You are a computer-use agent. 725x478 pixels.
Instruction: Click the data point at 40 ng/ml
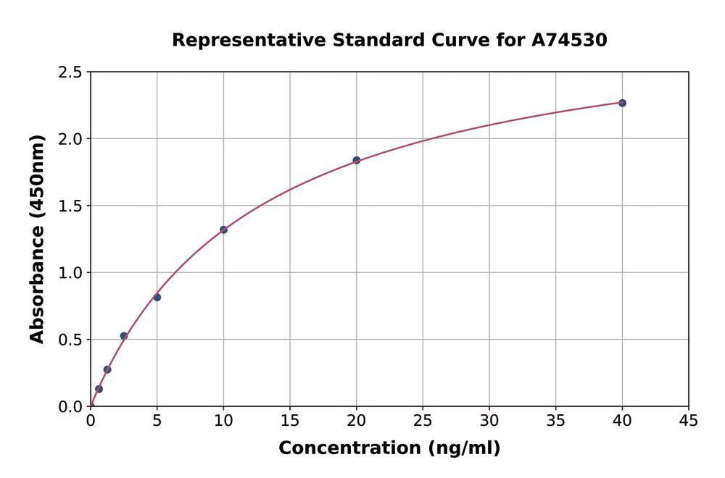tap(622, 103)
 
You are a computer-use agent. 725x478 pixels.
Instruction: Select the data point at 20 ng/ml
tap(357, 160)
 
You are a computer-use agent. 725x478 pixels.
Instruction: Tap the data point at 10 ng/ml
tap(223, 230)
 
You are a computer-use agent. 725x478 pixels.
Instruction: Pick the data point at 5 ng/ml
tap(157, 298)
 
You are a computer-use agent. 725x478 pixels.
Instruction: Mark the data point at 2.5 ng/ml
tap(124, 336)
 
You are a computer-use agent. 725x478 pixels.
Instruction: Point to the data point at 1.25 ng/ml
tap(107, 369)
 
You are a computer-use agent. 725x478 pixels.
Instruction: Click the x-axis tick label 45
tap(689, 421)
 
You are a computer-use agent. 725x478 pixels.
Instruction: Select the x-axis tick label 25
tap(423, 421)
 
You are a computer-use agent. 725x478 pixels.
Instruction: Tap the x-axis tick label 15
tap(290, 421)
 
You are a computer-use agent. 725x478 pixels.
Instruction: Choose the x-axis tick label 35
tap(555, 421)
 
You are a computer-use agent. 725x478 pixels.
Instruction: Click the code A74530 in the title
tap(570, 40)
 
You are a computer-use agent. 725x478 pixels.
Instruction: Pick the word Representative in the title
tap(249, 40)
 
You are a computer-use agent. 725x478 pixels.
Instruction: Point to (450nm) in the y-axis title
tap(37, 181)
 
